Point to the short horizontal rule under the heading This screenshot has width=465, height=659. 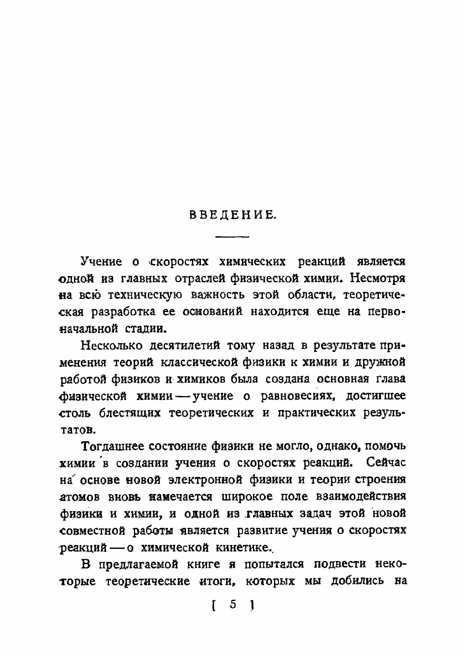(232, 237)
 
